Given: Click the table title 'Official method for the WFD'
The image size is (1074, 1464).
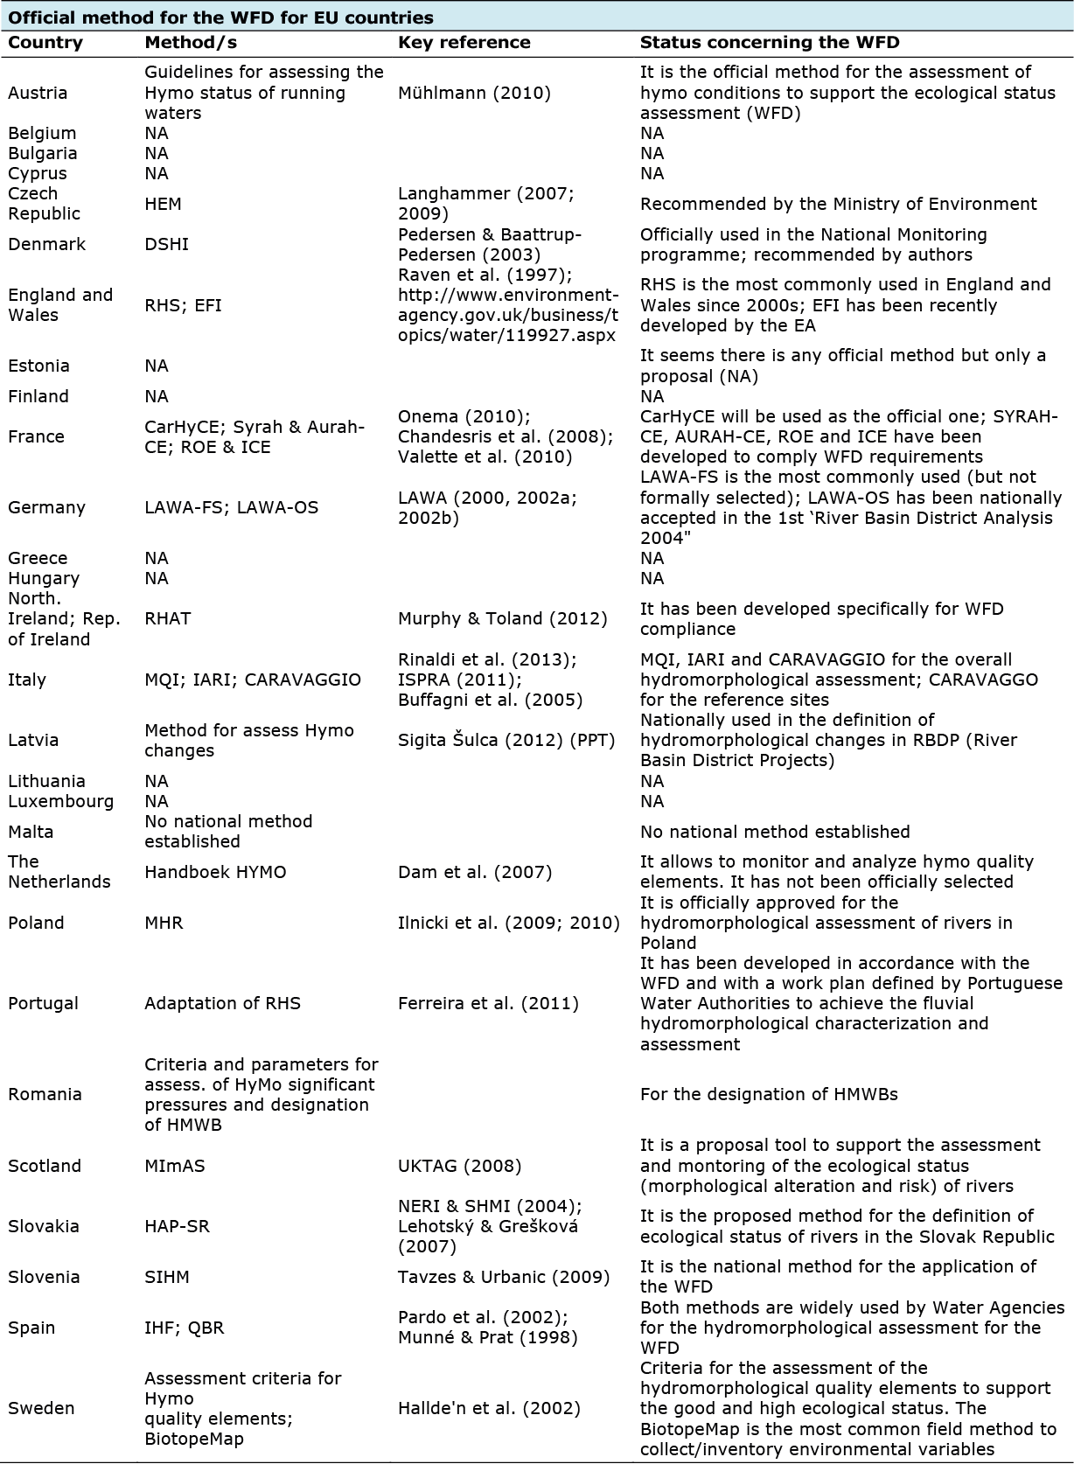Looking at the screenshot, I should (220, 17).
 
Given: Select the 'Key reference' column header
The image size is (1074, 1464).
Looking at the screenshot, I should (464, 43).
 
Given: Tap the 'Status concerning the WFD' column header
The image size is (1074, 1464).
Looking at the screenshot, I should (770, 43).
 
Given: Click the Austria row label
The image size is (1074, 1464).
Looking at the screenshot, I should (38, 93).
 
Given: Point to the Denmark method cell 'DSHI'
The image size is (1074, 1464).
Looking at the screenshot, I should (166, 244).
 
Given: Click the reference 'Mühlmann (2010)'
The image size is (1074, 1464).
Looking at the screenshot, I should (474, 93).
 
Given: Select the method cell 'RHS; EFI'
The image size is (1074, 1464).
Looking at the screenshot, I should (183, 305).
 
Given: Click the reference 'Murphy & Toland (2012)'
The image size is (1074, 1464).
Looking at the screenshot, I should (502, 618).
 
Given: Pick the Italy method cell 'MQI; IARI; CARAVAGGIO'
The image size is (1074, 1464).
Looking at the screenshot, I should (252, 680).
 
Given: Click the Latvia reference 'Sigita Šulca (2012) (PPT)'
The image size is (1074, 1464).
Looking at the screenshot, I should (506, 740).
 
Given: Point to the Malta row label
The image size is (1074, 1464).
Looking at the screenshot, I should (31, 832).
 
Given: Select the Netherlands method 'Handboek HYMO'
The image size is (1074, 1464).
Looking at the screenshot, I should (215, 872).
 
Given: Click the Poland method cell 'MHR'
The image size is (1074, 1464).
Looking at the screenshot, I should (164, 923).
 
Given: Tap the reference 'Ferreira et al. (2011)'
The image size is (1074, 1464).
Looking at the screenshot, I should (488, 1003).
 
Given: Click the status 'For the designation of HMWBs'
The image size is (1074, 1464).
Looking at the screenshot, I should (769, 1094).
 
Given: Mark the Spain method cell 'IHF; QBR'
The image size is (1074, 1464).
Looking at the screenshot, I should (184, 1328).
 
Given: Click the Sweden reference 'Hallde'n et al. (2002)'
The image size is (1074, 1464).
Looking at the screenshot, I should (489, 1408).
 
